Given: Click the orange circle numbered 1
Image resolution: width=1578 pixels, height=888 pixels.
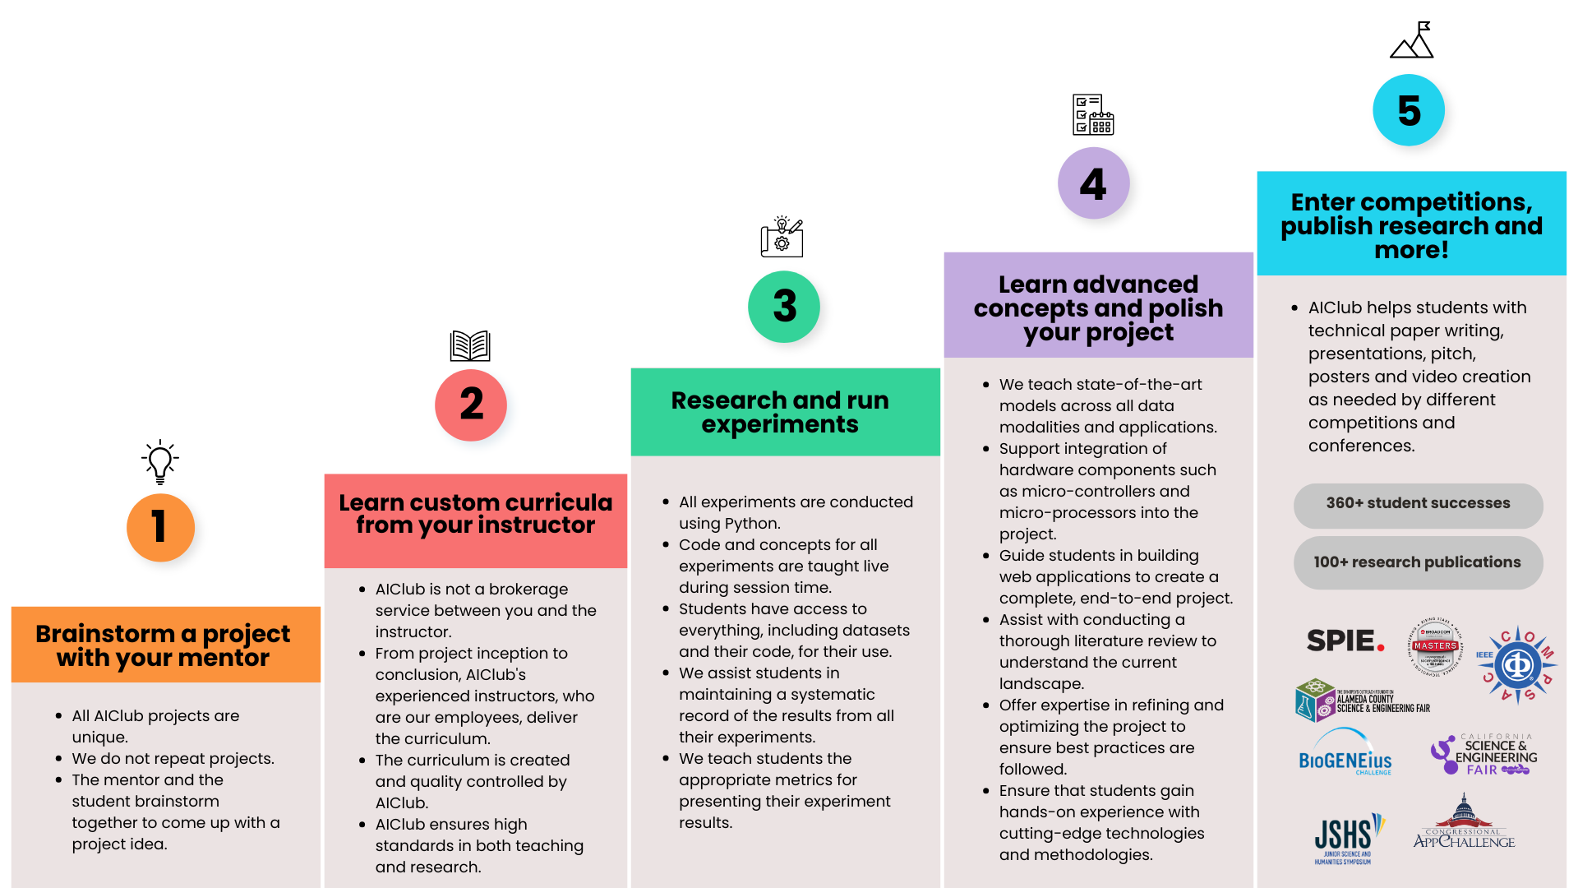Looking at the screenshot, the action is [160, 527].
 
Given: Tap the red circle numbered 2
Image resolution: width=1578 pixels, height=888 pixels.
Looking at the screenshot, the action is [471, 405].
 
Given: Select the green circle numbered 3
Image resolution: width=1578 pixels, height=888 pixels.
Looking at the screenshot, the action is [784, 306].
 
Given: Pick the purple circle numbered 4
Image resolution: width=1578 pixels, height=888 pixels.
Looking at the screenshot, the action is [1093, 183].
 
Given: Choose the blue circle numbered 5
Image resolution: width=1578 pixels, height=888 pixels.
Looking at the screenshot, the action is [1409, 110].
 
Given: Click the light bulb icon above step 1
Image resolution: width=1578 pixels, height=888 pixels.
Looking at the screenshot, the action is [160, 461].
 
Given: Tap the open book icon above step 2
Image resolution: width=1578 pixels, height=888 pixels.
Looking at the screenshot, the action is [470, 345].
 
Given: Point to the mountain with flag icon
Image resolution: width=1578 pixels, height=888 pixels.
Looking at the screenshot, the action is [1412, 40].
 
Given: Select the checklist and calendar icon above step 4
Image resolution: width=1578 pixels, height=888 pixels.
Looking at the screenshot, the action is [1093, 114].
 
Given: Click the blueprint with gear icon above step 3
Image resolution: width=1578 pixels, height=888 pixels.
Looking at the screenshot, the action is [782, 237].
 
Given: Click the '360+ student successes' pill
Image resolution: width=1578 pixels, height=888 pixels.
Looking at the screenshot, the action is [1418, 504].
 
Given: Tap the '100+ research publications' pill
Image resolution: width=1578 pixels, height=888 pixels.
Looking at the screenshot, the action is [1418, 562].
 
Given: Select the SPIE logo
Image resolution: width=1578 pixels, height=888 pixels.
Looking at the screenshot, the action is [1345, 641].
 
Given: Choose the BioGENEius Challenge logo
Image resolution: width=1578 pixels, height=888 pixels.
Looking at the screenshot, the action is [1345, 752].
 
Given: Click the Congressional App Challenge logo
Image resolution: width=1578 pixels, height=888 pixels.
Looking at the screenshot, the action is [1464, 821].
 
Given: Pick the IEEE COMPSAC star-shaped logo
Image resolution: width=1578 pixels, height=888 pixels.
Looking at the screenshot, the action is [1517, 664].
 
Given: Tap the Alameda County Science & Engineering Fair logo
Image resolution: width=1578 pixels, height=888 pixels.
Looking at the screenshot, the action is [1363, 700].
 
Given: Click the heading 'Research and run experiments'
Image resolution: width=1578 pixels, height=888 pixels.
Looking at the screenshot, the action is [780, 412].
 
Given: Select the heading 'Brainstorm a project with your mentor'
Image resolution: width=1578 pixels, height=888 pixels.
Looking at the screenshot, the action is [163, 645].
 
